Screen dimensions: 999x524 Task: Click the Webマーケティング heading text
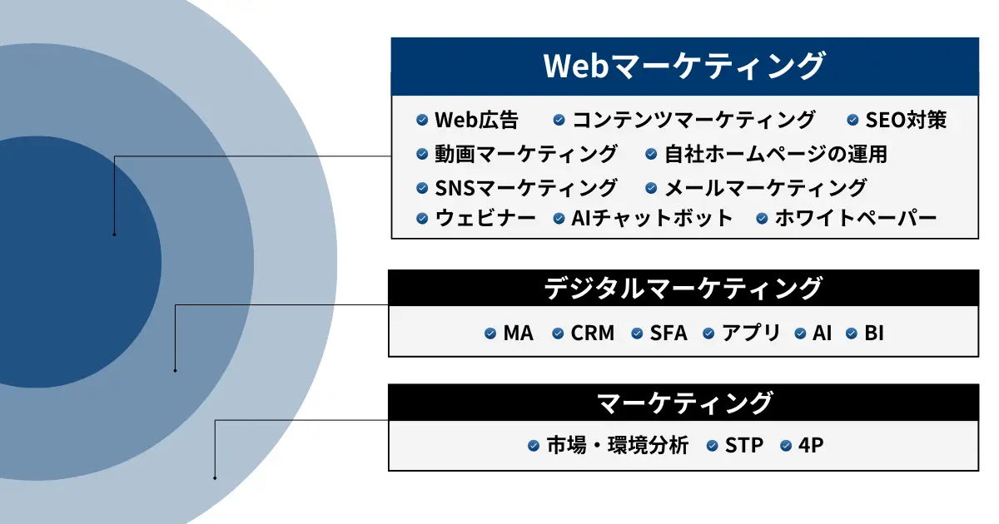(x=684, y=66)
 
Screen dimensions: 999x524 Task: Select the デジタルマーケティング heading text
(x=683, y=289)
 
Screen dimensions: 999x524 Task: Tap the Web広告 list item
(x=476, y=120)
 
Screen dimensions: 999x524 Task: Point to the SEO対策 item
(x=906, y=120)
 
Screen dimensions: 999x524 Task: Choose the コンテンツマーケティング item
(x=694, y=120)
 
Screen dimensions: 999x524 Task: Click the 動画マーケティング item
(x=526, y=154)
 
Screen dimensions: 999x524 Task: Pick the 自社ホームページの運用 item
(x=776, y=154)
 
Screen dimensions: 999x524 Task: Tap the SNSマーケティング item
(x=526, y=188)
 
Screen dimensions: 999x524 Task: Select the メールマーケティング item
(x=766, y=188)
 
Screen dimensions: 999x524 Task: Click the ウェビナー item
(x=485, y=218)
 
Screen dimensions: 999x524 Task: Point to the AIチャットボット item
(x=652, y=218)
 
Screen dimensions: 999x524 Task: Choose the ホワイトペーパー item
(x=856, y=218)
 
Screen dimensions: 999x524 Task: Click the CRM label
(x=592, y=333)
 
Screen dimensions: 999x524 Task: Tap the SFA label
(x=668, y=333)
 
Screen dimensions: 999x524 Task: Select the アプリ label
(x=751, y=333)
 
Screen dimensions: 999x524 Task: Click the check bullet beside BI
(x=852, y=334)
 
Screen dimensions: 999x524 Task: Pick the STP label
(x=744, y=445)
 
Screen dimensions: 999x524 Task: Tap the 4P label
(x=811, y=445)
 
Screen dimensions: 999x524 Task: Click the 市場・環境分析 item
(x=618, y=445)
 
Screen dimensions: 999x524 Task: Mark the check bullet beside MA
(x=490, y=334)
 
